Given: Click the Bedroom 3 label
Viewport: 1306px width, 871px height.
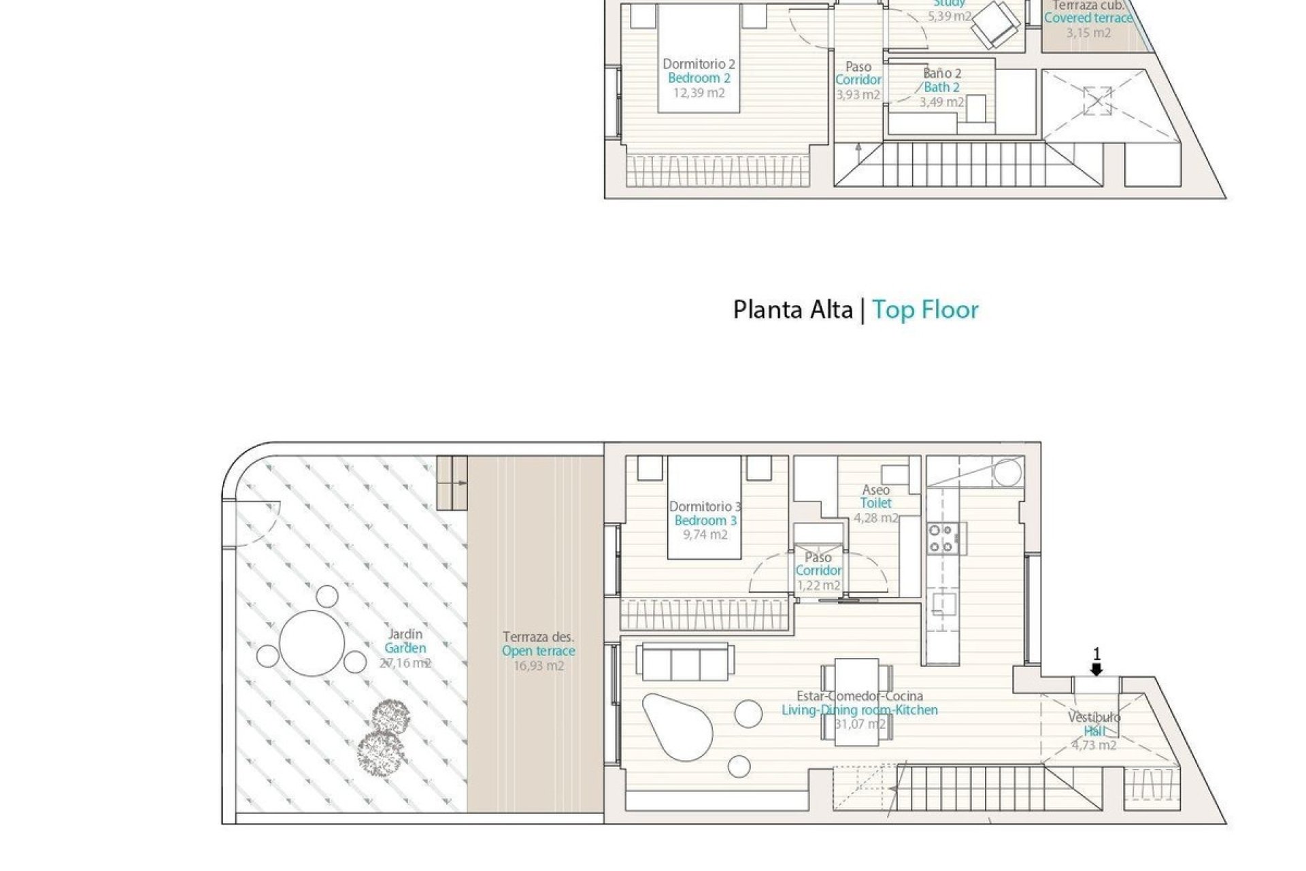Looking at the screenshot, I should [x=705, y=521].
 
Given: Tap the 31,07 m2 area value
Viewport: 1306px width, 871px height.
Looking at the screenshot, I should [x=860, y=724].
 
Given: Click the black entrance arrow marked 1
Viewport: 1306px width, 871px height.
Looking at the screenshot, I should [x=1096, y=670].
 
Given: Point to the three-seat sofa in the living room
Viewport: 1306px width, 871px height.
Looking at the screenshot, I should [x=686, y=661].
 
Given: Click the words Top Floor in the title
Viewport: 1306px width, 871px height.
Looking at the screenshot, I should [x=925, y=310].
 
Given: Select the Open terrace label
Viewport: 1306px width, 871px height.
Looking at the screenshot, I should [x=538, y=651].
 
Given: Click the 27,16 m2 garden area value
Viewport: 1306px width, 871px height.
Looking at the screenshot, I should [x=405, y=663].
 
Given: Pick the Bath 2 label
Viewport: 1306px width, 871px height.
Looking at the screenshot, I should [x=941, y=87].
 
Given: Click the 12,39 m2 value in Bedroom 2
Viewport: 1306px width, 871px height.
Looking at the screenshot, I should [x=699, y=93].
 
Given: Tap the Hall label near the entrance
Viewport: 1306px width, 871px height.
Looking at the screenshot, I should [x=1094, y=732].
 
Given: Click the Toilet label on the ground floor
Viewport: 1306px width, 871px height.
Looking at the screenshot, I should [x=875, y=504].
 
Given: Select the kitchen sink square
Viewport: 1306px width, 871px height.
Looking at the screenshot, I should [x=944, y=604].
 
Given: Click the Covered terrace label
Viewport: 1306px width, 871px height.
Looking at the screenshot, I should [x=1088, y=18].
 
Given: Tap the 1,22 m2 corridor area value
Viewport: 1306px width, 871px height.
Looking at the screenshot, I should [x=818, y=585].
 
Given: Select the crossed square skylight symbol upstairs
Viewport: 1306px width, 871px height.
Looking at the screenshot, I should [x=1096, y=101].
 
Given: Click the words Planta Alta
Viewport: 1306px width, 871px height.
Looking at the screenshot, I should [x=792, y=310].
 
